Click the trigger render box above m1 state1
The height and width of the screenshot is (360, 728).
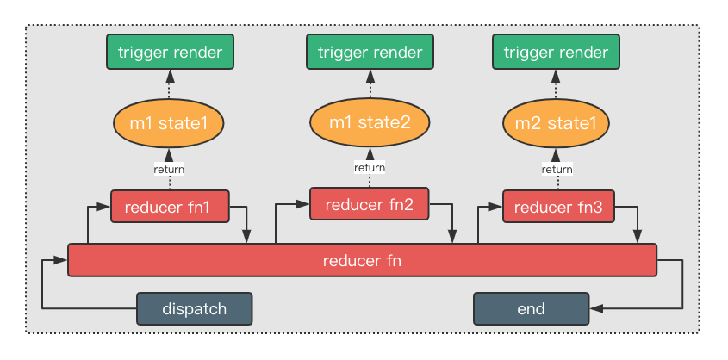(170, 52)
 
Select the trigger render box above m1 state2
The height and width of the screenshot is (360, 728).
(370, 52)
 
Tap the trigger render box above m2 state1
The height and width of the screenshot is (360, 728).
(556, 52)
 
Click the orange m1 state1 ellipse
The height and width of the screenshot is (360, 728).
(169, 123)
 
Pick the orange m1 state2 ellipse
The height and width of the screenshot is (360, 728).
(370, 122)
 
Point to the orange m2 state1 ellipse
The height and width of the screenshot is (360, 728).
(556, 123)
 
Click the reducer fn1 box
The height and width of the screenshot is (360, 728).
(170, 207)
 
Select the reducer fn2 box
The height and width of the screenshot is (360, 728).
(369, 203)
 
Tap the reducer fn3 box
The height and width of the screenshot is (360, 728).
(558, 207)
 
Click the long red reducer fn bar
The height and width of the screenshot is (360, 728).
(362, 260)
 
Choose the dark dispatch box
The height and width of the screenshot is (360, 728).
(195, 308)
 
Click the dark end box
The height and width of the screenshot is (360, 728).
(532, 308)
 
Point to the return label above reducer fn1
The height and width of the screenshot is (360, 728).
(169, 170)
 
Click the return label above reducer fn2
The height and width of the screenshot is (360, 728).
(370, 167)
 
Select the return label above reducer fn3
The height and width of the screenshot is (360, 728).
(557, 170)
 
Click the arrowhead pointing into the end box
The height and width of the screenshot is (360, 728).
(595, 308)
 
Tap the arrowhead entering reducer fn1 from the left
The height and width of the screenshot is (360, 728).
(103, 207)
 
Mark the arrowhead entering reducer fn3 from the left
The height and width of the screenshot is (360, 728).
(496, 207)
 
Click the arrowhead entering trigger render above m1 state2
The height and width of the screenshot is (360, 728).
(370, 76)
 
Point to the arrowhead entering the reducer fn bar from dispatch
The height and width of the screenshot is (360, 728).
(61, 260)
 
